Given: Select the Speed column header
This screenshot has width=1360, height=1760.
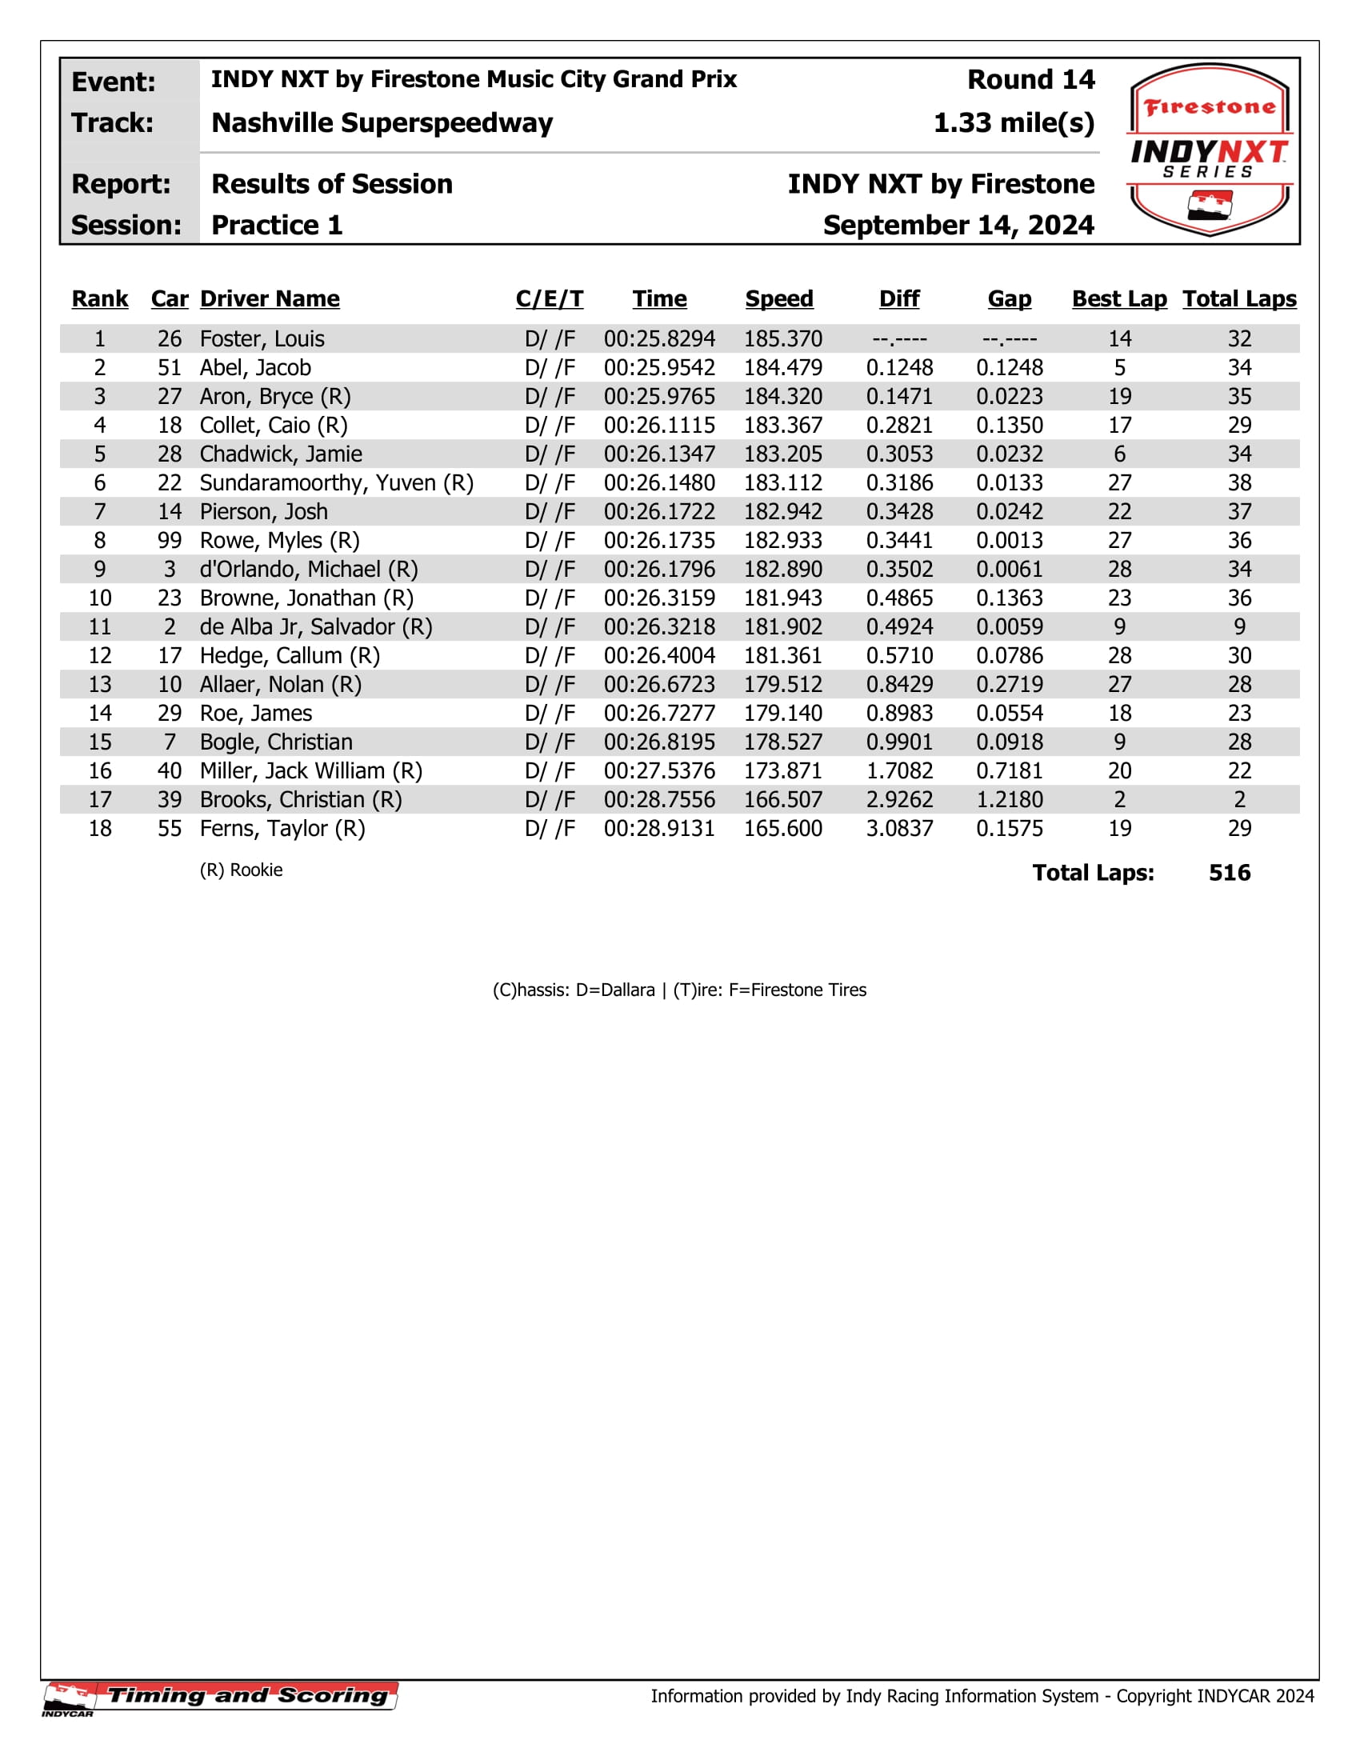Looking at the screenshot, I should click(779, 299).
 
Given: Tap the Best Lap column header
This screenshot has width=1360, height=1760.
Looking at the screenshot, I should click(1119, 299).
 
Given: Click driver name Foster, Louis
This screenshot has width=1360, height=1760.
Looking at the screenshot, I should click(262, 339).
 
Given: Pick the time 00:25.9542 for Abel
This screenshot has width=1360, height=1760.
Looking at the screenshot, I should click(659, 368).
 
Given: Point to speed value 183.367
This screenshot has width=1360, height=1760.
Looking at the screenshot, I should click(782, 426).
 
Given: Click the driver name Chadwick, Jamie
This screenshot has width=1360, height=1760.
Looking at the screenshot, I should click(280, 454).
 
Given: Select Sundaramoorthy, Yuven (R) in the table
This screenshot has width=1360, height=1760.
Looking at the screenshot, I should click(336, 483).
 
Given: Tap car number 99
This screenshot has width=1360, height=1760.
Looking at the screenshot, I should click(169, 541).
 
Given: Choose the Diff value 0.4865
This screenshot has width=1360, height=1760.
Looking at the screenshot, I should click(899, 598).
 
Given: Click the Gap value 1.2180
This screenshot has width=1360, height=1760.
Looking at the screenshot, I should click(1009, 800).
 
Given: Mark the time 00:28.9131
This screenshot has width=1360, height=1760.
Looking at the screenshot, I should click(659, 830).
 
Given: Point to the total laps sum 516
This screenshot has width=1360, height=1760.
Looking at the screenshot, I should click(1229, 873).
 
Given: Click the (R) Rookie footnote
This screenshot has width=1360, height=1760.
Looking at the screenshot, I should click(241, 870).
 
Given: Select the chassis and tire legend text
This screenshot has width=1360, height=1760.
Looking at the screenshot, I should click(679, 990).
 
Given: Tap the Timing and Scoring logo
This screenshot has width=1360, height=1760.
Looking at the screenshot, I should click(222, 1696).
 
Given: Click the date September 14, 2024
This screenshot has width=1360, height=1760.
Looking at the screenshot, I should click(958, 226).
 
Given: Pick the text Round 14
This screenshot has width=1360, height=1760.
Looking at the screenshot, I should click(1030, 80).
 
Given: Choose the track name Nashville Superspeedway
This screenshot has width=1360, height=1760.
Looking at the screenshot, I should click(382, 123).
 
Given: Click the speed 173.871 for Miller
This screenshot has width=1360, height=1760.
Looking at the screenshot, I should click(782, 771).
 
